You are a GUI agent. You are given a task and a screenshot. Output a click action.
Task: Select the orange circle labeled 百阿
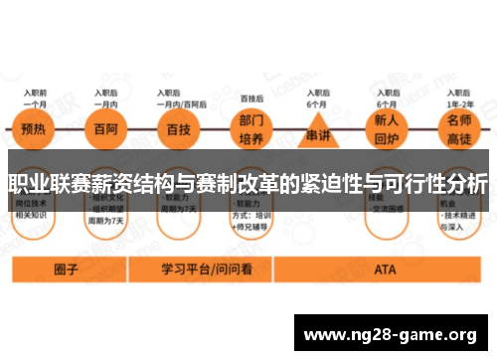(102, 129)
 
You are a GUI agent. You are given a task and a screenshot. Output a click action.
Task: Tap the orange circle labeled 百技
(178, 129)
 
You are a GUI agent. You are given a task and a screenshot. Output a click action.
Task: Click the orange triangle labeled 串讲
(317, 130)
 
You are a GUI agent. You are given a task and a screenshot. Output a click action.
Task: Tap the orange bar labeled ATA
(385, 269)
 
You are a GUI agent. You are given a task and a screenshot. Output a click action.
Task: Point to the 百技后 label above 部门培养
(252, 99)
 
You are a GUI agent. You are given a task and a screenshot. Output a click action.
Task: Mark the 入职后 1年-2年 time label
(461, 97)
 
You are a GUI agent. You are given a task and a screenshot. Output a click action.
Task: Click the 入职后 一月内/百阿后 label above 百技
(178, 97)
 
